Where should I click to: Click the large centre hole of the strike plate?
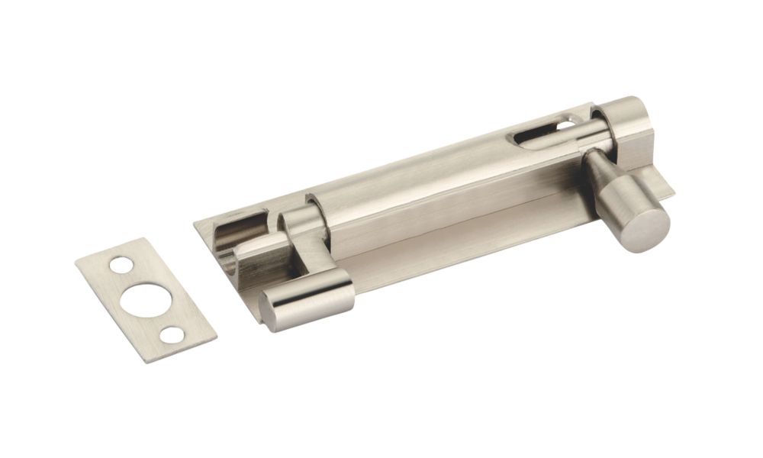coord(145,298)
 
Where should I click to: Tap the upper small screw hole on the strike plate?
coord(121,266)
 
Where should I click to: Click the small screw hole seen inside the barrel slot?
coord(565,122)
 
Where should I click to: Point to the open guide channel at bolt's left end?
coord(229,229)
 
